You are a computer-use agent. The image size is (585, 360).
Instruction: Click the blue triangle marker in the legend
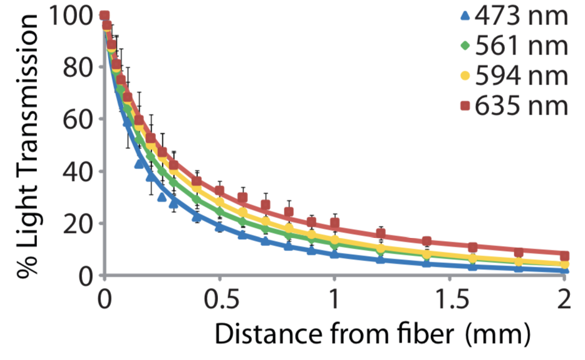point(464,16)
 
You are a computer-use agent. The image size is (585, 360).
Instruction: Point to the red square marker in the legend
point(464,106)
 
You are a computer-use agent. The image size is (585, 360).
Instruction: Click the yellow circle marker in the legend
point(464,76)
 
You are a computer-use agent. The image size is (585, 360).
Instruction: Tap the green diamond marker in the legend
point(464,46)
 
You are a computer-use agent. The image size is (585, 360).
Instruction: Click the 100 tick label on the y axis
point(73,15)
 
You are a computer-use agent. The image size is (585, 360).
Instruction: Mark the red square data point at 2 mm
point(564,255)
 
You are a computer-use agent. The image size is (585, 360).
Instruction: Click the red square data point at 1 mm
point(334,224)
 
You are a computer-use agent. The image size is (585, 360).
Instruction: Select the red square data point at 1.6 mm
point(473,247)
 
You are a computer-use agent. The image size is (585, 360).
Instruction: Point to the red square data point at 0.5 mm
point(219,191)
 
